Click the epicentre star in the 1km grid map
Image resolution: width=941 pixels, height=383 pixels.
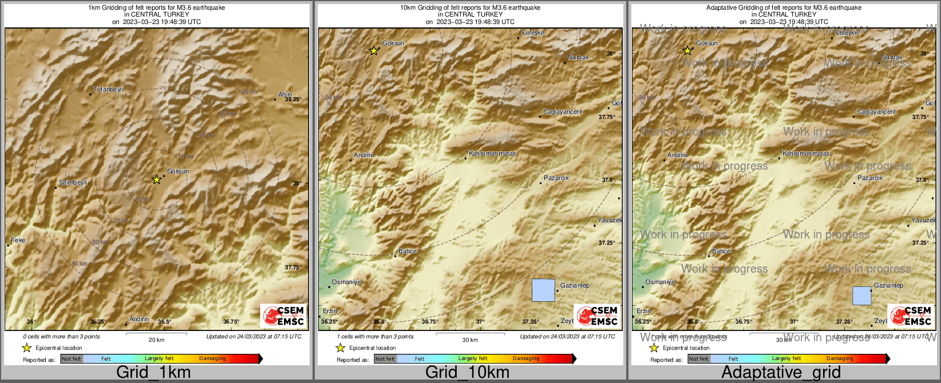156,179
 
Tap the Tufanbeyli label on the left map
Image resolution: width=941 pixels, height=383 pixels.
108,89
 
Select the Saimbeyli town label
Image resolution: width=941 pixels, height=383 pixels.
73,182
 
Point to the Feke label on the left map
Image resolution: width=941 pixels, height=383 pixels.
18,240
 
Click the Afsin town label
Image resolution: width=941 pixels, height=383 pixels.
285,94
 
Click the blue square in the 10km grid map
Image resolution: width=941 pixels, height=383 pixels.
543,290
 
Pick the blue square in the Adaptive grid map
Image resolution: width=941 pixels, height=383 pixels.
861,296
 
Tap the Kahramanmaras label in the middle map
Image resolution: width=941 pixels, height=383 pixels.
492,153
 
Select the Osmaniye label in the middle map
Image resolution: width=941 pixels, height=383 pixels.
347,282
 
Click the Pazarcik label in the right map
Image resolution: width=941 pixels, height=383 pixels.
870,178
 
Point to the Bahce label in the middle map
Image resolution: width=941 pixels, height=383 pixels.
408,251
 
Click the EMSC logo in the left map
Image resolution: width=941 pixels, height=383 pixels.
283,316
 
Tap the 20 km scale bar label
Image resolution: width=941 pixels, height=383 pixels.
156,340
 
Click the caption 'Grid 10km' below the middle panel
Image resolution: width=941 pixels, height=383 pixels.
467,372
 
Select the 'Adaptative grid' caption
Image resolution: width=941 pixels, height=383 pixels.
781,372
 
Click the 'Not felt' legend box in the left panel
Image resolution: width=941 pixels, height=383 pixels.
72,359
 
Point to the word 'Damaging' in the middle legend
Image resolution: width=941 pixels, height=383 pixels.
526,359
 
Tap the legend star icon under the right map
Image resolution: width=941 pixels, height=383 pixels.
654,348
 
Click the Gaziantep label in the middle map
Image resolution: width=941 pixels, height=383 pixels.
575,285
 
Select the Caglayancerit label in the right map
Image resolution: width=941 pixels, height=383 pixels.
876,111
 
